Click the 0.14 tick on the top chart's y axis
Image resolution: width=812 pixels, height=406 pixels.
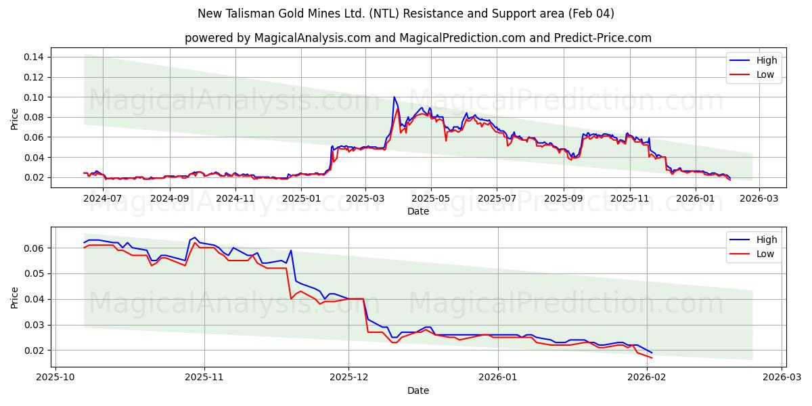click(35, 57)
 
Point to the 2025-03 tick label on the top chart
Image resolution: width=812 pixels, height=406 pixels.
click(365, 198)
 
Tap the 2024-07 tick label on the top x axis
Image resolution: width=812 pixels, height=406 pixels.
click(104, 198)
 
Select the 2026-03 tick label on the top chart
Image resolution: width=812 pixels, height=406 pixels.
click(759, 198)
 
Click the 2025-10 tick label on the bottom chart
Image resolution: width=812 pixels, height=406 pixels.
click(55, 378)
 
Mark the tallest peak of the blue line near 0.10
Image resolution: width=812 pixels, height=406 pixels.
click(394, 97)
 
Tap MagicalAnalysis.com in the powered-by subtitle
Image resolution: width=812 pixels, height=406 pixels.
click(304, 38)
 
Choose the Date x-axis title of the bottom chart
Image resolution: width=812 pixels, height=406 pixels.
click(418, 390)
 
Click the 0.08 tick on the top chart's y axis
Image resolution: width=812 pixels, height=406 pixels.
click(35, 117)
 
